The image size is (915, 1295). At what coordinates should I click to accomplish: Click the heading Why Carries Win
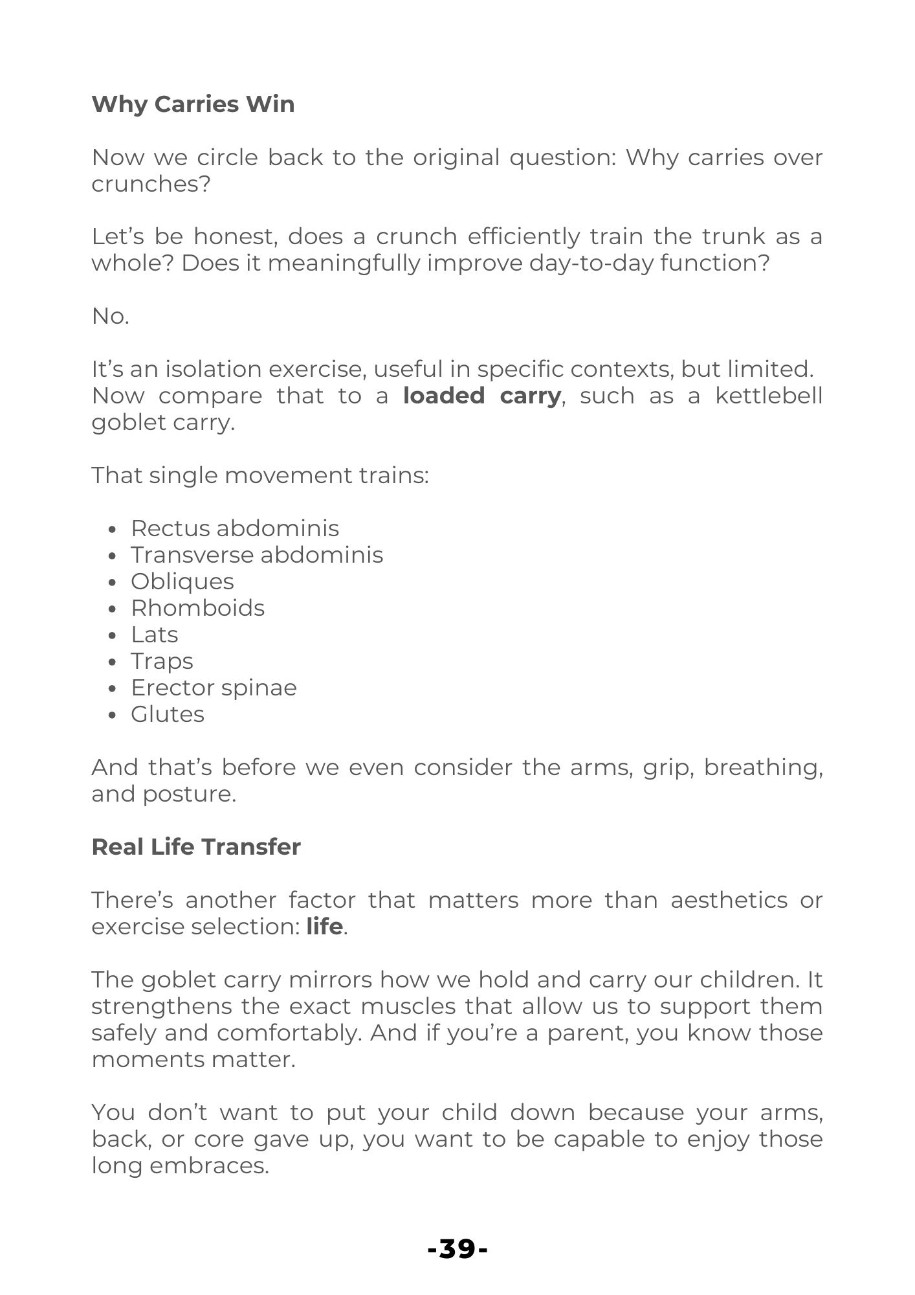[x=193, y=104]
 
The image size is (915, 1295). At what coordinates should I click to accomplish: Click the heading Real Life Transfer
[x=196, y=847]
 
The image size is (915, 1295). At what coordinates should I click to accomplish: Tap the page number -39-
[x=457, y=1248]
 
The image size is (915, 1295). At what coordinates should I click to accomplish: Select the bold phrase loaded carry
[x=481, y=396]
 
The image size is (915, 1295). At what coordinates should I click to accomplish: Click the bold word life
[x=324, y=927]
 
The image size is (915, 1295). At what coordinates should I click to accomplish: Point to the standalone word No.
[x=110, y=316]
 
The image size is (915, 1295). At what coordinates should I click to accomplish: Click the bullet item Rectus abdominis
[x=235, y=528]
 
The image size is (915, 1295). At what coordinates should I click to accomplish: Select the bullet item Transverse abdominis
[x=257, y=555]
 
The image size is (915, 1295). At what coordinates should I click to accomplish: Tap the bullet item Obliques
[x=182, y=581]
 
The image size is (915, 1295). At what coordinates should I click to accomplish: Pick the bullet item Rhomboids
[x=197, y=608]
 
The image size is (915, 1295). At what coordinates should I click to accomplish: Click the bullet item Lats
[x=154, y=635]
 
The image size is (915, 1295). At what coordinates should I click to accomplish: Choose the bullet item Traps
[x=162, y=661]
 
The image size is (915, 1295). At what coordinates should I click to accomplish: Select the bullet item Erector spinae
[x=214, y=688]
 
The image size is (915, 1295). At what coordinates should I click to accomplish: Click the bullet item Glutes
[x=168, y=714]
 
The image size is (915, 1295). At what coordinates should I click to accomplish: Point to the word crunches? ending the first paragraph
[x=151, y=185]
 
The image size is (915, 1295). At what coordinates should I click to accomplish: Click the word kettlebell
[x=768, y=396]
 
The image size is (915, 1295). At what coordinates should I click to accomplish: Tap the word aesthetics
[x=729, y=900]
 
